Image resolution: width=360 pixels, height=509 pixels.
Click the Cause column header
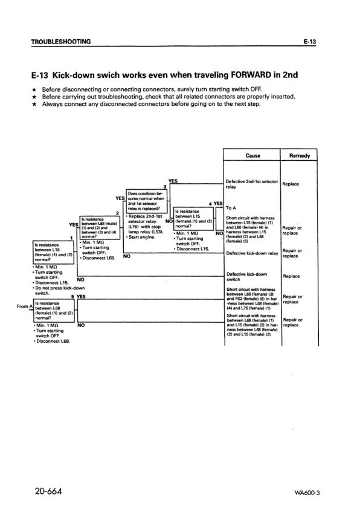(x=252, y=155)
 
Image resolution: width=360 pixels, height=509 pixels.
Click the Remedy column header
(x=300, y=155)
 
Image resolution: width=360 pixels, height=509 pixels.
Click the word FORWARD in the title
(x=233, y=77)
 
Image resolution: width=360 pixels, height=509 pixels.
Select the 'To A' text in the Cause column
(x=233, y=207)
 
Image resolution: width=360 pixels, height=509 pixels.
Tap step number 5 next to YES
(x=72, y=297)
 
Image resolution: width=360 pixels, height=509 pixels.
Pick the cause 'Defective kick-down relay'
(x=251, y=253)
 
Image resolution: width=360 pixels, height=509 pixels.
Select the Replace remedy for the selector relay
(x=293, y=184)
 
